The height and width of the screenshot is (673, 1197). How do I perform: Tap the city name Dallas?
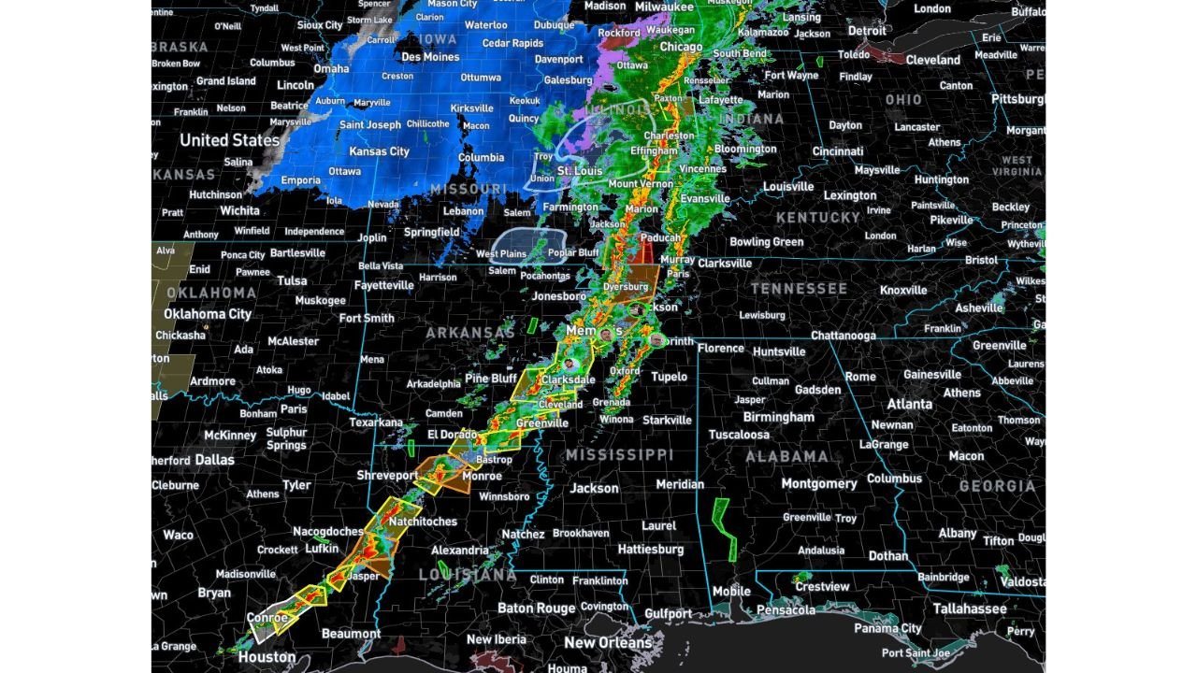[215, 460]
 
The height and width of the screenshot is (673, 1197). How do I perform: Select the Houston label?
[267, 657]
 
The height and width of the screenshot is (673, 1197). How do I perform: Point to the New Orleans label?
[608, 643]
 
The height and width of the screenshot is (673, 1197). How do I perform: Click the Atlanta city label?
[909, 404]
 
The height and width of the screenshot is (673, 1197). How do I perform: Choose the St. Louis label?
[580, 172]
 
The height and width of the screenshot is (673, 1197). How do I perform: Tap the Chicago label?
[681, 47]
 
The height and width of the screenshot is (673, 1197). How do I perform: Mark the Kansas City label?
[379, 151]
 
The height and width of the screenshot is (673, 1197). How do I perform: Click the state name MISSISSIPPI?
[618, 455]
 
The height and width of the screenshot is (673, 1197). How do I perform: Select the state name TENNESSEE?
[799, 289]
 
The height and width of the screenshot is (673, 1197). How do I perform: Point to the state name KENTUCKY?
[817, 218]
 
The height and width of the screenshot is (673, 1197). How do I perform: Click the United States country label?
[229, 140]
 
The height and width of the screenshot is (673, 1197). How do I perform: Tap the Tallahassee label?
[970, 609]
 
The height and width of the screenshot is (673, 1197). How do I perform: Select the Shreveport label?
[387, 476]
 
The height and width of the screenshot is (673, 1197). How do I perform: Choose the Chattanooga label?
[843, 336]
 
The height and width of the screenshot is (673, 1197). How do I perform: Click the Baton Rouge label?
[536, 609]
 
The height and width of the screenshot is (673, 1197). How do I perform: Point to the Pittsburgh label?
[1017, 99]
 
